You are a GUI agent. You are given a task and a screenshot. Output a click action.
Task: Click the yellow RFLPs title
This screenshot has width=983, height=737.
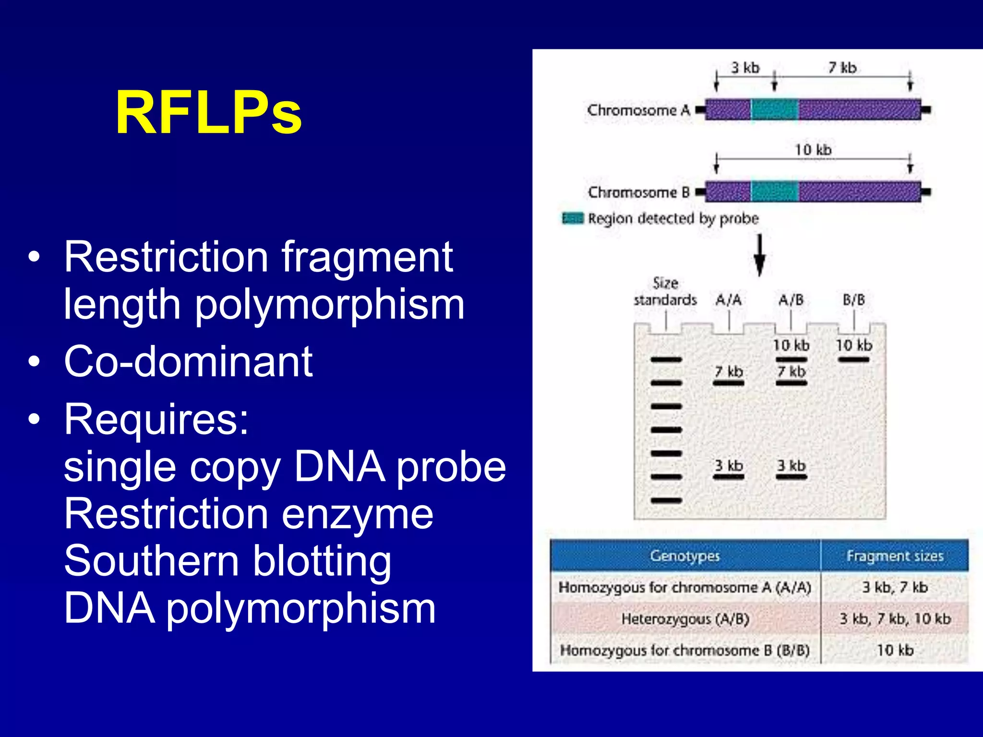pyautogui.click(x=209, y=113)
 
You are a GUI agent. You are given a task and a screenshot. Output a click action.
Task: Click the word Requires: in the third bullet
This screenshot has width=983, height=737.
pyautogui.click(x=156, y=419)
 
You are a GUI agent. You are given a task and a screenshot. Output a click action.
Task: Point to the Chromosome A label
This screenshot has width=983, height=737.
pyautogui.click(x=638, y=110)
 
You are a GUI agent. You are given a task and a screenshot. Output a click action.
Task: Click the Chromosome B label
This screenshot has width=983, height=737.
pyautogui.click(x=638, y=192)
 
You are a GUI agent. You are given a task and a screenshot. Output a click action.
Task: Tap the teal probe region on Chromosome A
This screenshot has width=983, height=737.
pyautogui.click(x=774, y=109)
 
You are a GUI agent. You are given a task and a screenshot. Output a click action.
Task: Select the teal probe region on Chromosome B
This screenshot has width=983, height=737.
pyautogui.click(x=774, y=191)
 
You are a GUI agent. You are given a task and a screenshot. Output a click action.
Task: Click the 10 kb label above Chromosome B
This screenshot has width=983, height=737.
pyautogui.click(x=813, y=150)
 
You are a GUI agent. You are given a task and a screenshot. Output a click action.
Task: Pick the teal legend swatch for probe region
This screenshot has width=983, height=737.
pyautogui.click(x=573, y=218)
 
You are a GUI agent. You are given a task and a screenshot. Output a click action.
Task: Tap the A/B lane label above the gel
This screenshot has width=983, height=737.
pyautogui.click(x=791, y=300)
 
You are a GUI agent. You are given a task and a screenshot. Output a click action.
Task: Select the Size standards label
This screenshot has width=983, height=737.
pyautogui.click(x=665, y=292)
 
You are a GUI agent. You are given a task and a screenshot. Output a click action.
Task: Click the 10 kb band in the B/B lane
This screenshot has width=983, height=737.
pyautogui.click(x=854, y=359)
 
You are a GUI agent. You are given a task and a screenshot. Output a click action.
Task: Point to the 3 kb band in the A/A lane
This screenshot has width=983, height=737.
pyautogui.click(x=729, y=477)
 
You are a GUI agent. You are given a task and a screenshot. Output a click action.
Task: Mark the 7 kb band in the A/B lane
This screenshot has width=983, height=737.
pyautogui.click(x=791, y=383)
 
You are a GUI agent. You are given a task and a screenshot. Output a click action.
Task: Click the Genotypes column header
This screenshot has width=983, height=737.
pyautogui.click(x=685, y=556)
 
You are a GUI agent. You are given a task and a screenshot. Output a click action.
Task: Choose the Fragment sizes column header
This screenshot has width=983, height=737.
pyautogui.click(x=895, y=556)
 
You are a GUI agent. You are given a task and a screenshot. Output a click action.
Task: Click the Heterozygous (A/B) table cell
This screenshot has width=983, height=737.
pyautogui.click(x=685, y=618)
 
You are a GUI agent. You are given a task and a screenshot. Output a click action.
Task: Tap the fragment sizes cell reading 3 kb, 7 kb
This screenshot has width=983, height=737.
pyautogui.click(x=895, y=587)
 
